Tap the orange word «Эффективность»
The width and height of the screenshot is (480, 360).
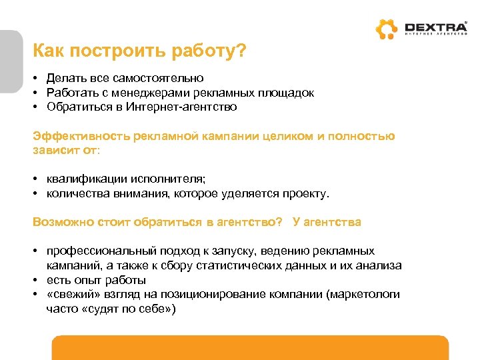[x=81, y=136]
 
